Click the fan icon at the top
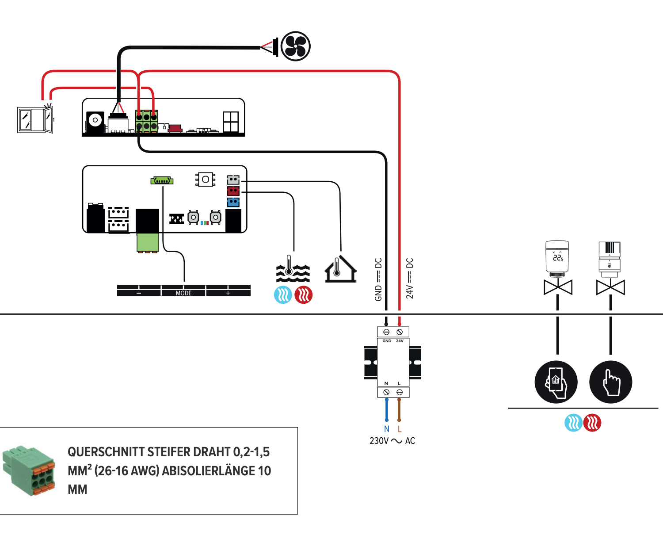[295, 46]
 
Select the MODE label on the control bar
[184, 293]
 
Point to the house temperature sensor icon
[340, 269]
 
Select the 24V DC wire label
[410, 279]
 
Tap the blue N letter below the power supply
[387, 429]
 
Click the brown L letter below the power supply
[400, 429]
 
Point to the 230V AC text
[392, 441]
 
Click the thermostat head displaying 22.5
[557, 257]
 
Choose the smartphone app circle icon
[556, 382]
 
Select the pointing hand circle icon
[611, 382]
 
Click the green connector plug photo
[29, 470]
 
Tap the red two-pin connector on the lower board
[233, 191]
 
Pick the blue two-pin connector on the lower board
[233, 202]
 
